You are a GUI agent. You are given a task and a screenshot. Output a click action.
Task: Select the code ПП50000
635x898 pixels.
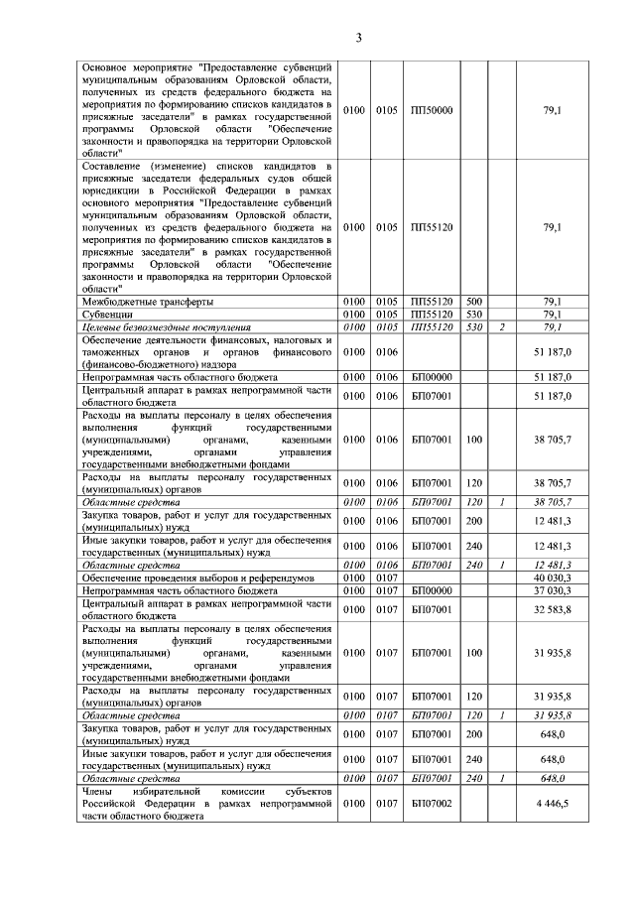pos(431,110)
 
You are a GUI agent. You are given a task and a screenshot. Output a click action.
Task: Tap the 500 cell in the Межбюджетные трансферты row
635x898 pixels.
pos(473,302)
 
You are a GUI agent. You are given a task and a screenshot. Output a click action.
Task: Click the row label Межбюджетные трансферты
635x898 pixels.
pos(148,302)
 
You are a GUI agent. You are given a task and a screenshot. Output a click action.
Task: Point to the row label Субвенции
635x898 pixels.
pos(105,315)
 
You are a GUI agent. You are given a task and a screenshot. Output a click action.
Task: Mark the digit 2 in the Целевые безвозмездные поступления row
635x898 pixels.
pos(503,326)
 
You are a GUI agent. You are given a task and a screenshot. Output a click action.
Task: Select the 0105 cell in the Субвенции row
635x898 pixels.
pos(386,315)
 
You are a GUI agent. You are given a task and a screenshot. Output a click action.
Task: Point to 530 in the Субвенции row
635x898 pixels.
pos(473,315)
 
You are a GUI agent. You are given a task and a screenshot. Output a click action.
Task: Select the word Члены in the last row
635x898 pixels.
pos(99,791)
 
